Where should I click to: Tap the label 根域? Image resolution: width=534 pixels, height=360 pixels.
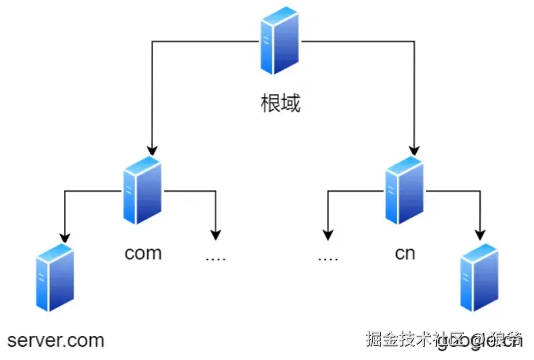(x=280, y=103)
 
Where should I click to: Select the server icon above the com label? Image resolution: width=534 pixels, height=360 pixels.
(x=142, y=191)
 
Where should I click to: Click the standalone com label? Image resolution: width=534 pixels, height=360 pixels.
(x=143, y=254)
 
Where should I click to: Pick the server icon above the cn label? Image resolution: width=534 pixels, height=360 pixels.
(x=404, y=191)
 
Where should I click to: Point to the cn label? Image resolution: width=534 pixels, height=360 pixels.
(x=405, y=254)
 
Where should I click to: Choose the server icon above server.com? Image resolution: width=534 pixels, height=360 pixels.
(x=55, y=277)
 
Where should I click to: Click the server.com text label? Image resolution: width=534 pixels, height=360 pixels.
(x=56, y=341)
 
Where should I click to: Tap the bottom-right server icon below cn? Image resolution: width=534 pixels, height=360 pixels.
(x=479, y=277)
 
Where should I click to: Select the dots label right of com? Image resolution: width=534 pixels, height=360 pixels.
(x=215, y=257)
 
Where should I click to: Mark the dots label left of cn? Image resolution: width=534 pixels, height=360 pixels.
(x=328, y=257)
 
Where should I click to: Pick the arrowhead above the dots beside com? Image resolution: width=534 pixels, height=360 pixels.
(x=215, y=234)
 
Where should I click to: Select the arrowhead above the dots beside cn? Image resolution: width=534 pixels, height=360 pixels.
(x=328, y=234)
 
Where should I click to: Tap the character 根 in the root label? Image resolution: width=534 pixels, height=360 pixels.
(x=270, y=103)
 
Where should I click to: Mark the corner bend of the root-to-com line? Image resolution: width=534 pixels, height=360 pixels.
(x=152, y=41)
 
